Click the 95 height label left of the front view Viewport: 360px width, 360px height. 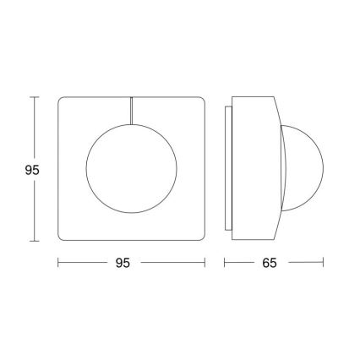(x=32, y=170)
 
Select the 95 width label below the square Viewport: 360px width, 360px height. (x=123, y=263)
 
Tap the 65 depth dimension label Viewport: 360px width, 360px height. (x=270, y=263)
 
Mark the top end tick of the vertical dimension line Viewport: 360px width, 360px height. (x=34, y=97)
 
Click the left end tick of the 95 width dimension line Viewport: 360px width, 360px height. (x=57, y=263)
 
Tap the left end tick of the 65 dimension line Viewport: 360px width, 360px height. (x=225, y=263)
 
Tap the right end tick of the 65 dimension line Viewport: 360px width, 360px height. (x=324, y=263)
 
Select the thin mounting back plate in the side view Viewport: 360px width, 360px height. (x=227, y=169)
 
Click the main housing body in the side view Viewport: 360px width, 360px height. (x=254, y=169)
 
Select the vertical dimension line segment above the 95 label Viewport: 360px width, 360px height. (x=34, y=127)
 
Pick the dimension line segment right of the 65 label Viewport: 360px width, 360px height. (x=304, y=263)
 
